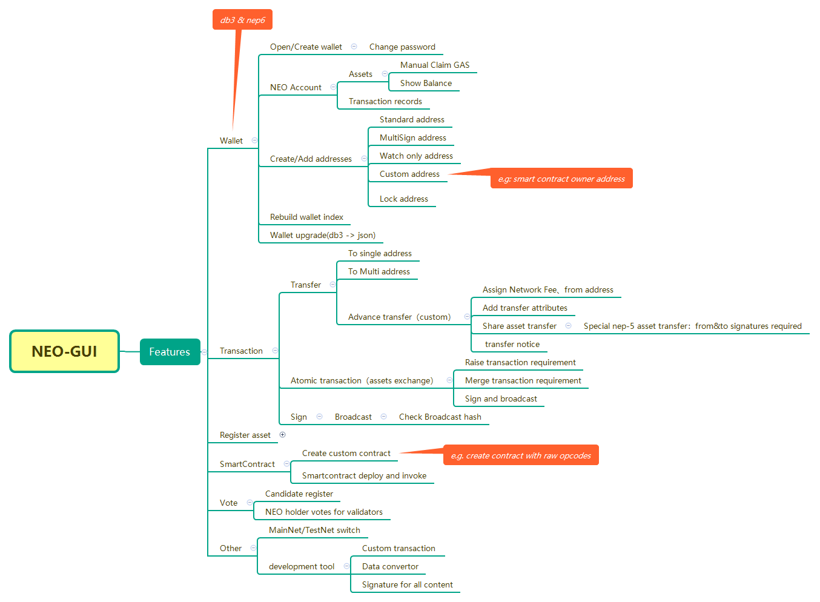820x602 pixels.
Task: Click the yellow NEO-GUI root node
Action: [x=64, y=351]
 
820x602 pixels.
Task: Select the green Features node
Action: [x=170, y=352]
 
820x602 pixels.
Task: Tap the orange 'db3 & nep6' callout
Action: [x=242, y=20]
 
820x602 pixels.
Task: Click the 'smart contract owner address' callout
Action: [x=561, y=179]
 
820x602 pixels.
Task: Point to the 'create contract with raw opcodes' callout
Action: [x=521, y=455]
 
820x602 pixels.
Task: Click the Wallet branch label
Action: [x=231, y=141]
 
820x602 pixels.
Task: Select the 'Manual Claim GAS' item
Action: [x=434, y=65]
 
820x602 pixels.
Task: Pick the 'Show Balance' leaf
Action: [x=426, y=83]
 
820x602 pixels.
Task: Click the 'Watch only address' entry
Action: [x=416, y=156]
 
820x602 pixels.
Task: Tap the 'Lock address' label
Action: [x=403, y=199]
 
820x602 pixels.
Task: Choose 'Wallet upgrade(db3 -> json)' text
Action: [x=322, y=235]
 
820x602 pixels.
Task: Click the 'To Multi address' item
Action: [x=379, y=271]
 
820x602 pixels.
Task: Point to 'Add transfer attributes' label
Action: [x=524, y=308]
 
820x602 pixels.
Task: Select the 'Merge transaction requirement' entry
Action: [x=523, y=380]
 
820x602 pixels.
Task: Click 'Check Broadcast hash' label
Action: [x=440, y=417]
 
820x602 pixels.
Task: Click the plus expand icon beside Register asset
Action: [x=282, y=434]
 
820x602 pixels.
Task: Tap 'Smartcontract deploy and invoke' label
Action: [x=364, y=475]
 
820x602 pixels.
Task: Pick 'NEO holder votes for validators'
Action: [x=323, y=512]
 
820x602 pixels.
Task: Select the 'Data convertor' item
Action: [x=390, y=566]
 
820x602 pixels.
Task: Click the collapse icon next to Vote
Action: [x=250, y=502]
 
